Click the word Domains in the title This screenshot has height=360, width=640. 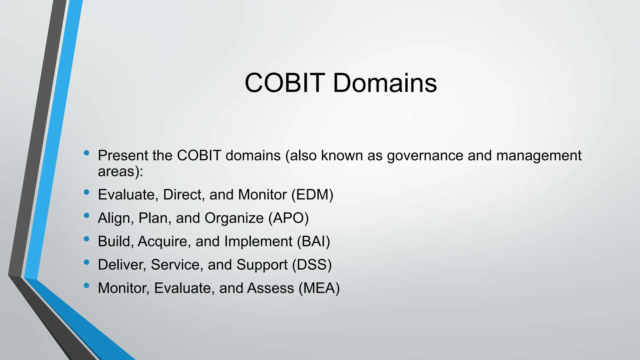click(x=385, y=83)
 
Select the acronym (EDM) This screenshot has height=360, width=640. click(x=312, y=195)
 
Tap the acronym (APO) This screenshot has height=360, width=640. click(x=288, y=218)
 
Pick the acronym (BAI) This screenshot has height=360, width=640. click(x=313, y=242)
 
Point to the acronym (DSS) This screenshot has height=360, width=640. click(x=312, y=265)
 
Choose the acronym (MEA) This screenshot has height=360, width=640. click(x=319, y=288)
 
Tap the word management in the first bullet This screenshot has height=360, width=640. click(x=539, y=156)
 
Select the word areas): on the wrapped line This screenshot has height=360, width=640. click(x=120, y=171)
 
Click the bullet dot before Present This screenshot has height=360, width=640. click(x=87, y=153)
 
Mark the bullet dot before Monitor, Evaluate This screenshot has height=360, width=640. click(x=87, y=285)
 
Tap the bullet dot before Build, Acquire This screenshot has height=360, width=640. click(x=87, y=239)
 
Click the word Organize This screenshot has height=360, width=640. click(x=234, y=218)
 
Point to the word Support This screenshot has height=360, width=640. click(x=262, y=265)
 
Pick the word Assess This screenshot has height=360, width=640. click(x=270, y=288)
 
